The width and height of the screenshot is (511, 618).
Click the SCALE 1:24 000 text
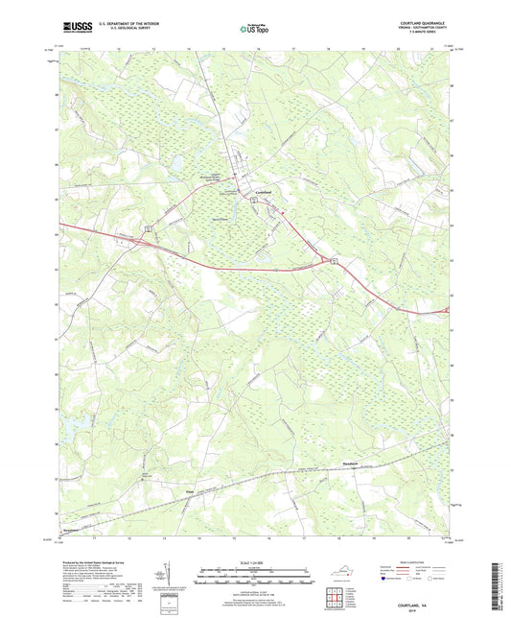(x=254, y=562)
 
